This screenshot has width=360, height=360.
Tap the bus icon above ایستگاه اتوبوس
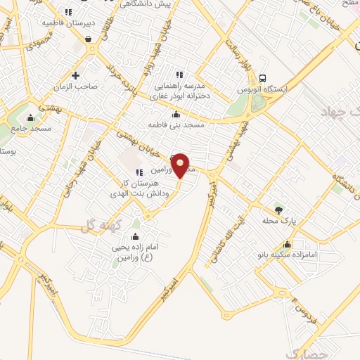click(x=262, y=78)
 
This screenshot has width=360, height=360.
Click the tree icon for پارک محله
click(x=278, y=210)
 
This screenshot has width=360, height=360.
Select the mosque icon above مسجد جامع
click(x=30, y=117)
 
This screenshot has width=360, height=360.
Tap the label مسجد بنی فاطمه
click(x=175, y=124)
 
